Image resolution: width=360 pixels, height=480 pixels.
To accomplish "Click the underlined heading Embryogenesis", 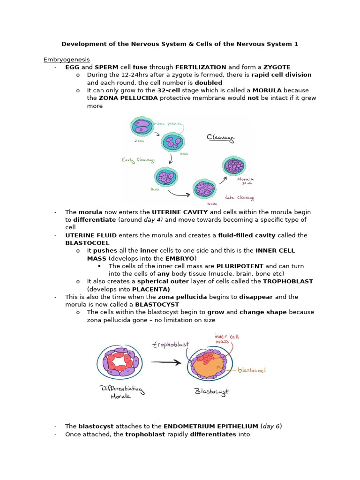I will click(x=67, y=60).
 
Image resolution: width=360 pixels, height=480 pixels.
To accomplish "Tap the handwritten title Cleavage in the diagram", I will click(x=221, y=138).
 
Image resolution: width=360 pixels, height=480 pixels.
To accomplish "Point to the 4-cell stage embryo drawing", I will click(x=172, y=142).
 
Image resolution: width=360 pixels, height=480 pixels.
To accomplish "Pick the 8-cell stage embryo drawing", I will click(x=166, y=178).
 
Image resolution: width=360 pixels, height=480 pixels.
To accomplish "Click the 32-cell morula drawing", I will click(x=233, y=166).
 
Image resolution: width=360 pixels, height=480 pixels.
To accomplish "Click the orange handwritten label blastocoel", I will click(x=252, y=370).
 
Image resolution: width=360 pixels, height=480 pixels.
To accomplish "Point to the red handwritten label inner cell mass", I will click(x=227, y=338).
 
